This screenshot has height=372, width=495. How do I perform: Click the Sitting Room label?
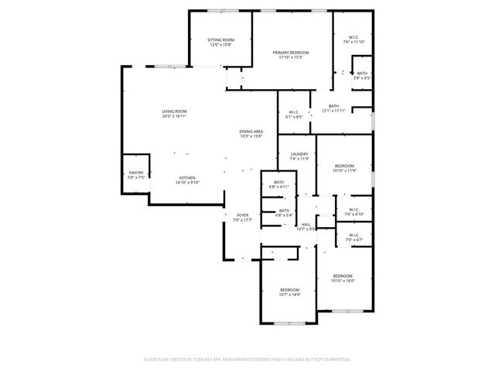tap(220, 40)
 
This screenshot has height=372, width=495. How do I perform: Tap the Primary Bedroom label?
tap(291, 53)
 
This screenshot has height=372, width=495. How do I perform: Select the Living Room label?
tap(174, 112)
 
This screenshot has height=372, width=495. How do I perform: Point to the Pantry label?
tap(136, 173)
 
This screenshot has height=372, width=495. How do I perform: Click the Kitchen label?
tap(188, 177)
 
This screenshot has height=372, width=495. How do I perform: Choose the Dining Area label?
tap(251, 132)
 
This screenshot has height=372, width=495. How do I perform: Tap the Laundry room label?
tap(299, 154)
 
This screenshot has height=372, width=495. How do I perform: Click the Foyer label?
tap(243, 215)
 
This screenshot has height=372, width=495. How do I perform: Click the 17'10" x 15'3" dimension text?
tap(291, 57)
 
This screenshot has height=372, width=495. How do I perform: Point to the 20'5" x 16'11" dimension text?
tap(174, 116)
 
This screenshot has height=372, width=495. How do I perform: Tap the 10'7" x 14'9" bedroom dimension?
tap(290, 294)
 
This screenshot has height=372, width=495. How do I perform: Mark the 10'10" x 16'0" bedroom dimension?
tap(343, 281)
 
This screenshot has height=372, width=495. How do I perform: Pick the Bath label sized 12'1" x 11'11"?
tap(333, 106)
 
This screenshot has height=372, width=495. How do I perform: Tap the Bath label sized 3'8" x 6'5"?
tap(362, 74)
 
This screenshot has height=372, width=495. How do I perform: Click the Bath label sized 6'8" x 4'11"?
tap(278, 182)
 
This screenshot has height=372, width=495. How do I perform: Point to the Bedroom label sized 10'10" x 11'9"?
tap(344, 166)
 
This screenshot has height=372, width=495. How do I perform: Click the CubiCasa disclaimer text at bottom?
tap(247, 360)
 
